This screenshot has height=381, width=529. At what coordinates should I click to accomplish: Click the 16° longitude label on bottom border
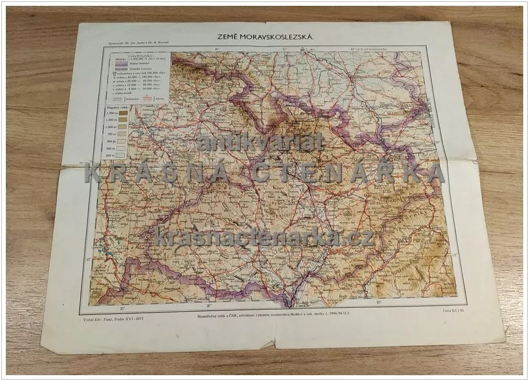[209, 305]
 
